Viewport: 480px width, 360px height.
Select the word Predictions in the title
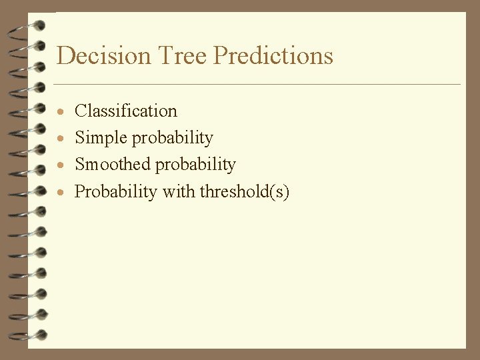tap(273, 55)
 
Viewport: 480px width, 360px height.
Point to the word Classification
tap(126, 111)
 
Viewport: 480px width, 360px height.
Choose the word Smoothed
tap(112, 165)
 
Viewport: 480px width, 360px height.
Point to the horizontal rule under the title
tap(257, 85)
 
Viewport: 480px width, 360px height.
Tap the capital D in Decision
tap(65, 55)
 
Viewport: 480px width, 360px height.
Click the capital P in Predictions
tap(221, 55)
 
